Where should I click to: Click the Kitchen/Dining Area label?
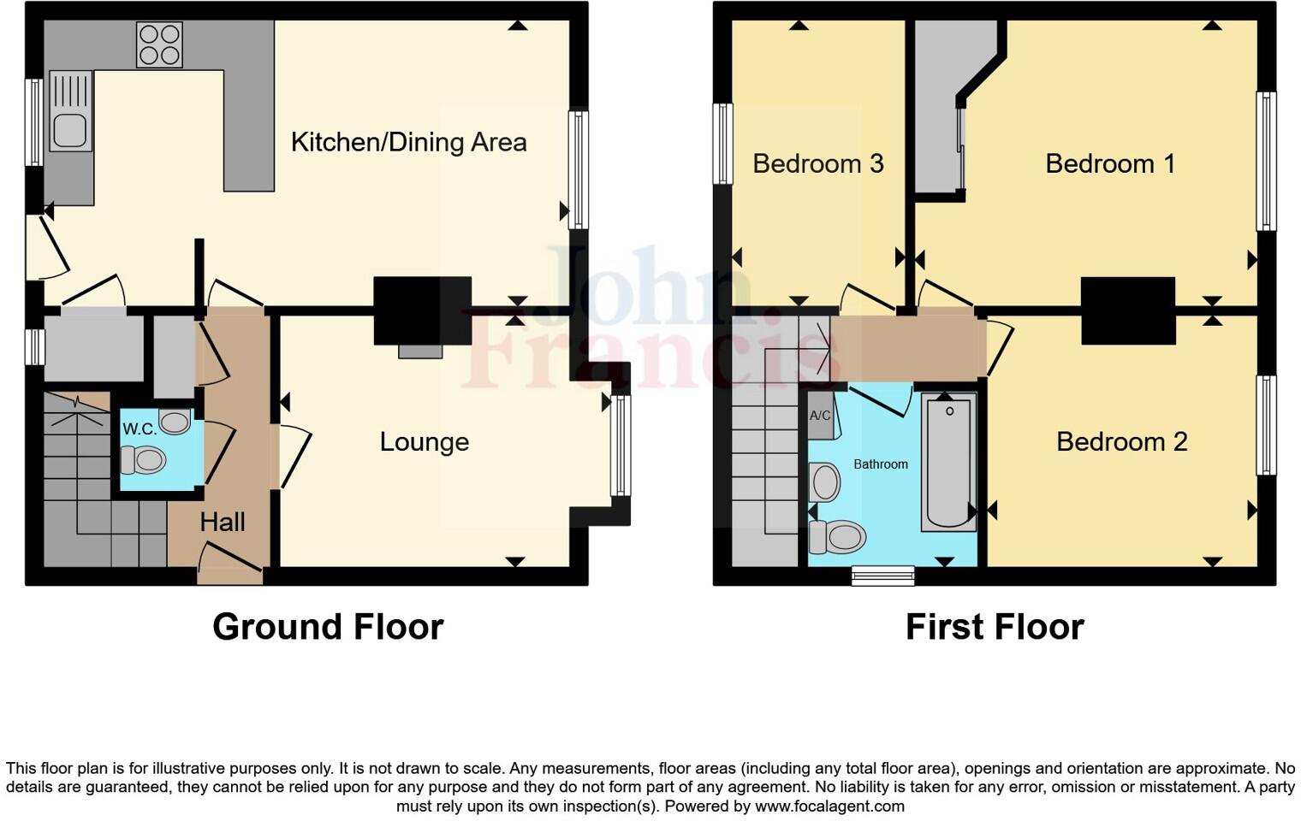tap(408, 142)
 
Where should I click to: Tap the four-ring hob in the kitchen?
tap(159, 44)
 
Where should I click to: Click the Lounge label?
tap(425, 442)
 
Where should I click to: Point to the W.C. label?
tap(139, 429)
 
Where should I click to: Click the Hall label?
tap(223, 522)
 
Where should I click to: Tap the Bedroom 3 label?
tap(817, 163)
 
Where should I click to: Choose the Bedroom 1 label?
tap(1110, 163)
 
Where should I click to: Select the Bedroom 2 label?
tap(1121, 442)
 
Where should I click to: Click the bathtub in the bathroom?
tap(948, 462)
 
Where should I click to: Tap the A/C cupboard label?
tap(820, 416)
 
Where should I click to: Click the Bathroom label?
tap(881, 464)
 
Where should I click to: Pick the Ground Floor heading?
tap(328, 627)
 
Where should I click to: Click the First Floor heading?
tap(995, 627)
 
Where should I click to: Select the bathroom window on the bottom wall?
tap(883, 576)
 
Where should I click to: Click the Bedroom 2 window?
tap(1266, 425)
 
